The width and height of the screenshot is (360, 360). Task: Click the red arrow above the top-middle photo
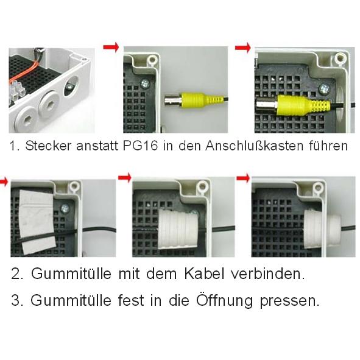pos(111,47)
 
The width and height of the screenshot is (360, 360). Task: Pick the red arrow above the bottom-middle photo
pos(125,177)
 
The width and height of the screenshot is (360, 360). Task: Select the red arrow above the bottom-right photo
pos(244,177)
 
